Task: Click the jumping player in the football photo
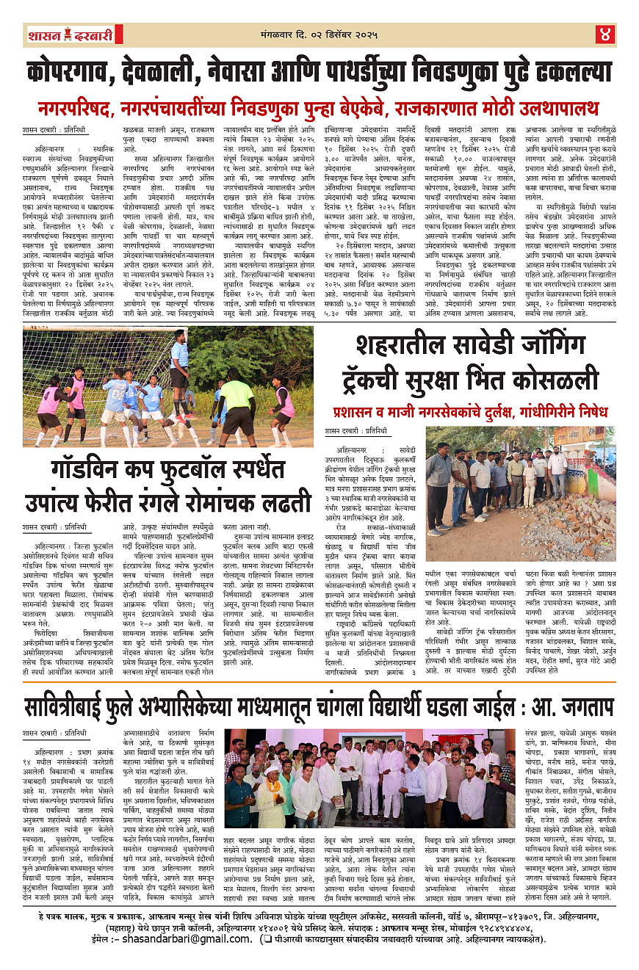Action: point(179,360)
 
